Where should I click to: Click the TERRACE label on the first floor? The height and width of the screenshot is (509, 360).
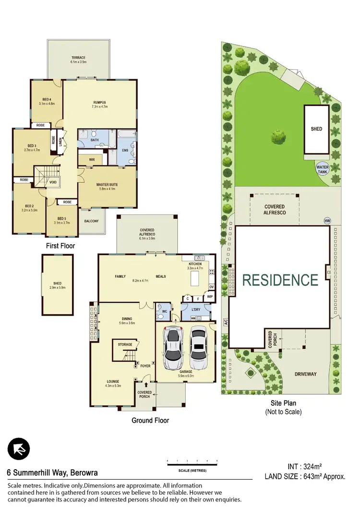[78, 58]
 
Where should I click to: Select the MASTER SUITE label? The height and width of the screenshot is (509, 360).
[107, 185]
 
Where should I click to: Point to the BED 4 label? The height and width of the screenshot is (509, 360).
[47, 99]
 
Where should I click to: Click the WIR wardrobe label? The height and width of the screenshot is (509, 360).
[92, 159]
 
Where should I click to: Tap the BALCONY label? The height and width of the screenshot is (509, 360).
[91, 221]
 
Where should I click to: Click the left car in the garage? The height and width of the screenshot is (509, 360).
[172, 346]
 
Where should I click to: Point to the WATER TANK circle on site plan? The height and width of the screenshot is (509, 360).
[322, 170]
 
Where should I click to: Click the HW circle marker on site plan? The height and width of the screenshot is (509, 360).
[327, 221]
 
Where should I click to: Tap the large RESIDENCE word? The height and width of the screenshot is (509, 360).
[280, 280]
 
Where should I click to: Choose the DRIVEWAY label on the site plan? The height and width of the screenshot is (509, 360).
[305, 374]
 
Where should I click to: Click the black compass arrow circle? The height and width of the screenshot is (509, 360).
[19, 449]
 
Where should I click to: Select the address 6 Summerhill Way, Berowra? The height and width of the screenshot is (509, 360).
[52, 473]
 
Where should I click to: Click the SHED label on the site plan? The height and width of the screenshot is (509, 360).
[316, 129]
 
